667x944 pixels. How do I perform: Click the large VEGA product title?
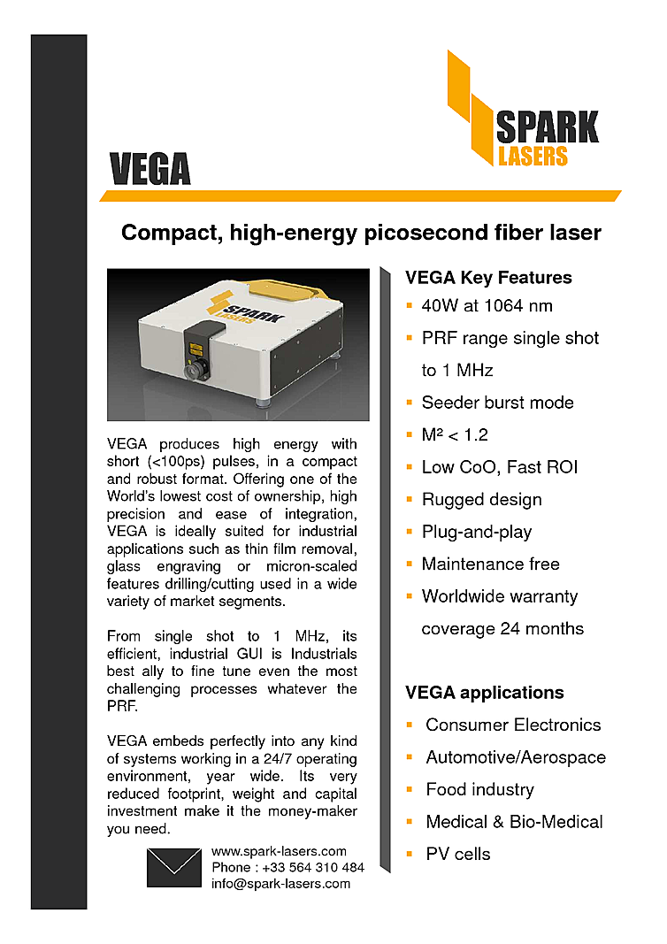coord(149,168)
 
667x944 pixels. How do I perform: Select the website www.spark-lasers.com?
coord(279,851)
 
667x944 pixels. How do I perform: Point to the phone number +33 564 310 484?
coord(287,867)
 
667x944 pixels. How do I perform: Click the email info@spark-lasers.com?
coord(280,883)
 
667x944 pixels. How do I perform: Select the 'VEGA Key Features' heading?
coord(488,278)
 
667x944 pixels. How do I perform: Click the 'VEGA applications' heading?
coord(484,692)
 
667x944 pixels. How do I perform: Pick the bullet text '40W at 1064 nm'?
coord(487,306)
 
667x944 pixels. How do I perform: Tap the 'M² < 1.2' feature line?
coord(455,435)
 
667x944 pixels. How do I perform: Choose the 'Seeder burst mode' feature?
coord(497,403)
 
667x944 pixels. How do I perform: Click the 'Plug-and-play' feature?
coord(477,532)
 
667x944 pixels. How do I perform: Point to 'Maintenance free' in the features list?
coord(490,564)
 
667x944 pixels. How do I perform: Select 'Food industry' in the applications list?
coord(479,789)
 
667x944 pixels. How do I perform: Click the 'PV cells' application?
coord(457,854)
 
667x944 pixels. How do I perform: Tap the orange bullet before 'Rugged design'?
coord(410,499)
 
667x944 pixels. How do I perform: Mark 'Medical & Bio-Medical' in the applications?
coord(514,821)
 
